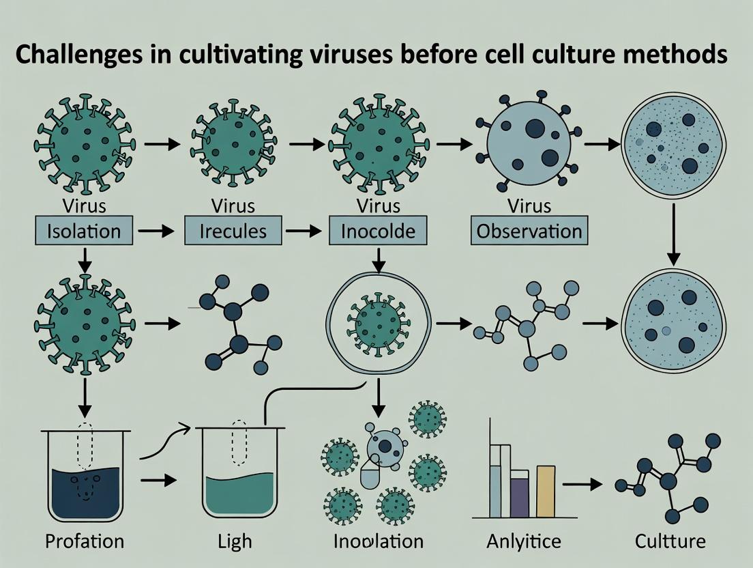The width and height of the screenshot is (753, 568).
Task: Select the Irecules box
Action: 233,231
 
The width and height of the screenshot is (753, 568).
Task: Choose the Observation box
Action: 529,231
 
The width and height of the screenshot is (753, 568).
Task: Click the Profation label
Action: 85,541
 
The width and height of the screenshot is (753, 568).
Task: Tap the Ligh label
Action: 235,542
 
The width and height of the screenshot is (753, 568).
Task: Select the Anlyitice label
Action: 524,541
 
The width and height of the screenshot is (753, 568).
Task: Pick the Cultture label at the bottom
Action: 669,541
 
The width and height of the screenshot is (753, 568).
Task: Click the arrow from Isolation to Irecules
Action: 156,231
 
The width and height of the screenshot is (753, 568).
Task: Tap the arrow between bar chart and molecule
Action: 585,484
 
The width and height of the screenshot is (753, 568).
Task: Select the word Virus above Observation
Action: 529,205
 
